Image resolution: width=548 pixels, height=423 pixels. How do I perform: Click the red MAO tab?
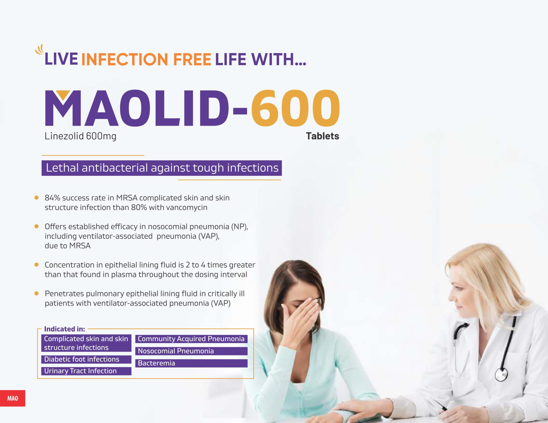coord(13,398)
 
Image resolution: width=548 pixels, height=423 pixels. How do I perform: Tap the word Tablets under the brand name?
coord(322,136)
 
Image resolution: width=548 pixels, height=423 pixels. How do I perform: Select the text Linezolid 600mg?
coord(80,136)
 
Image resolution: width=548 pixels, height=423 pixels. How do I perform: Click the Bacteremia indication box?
coord(191,363)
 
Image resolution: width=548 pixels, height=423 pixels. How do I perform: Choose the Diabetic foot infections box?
coord(86,359)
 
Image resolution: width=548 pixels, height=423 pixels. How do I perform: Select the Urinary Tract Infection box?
coord(86,371)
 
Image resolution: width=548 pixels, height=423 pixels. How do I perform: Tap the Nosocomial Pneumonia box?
coord(191,351)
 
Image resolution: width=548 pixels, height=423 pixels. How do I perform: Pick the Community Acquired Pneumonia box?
coord(191,339)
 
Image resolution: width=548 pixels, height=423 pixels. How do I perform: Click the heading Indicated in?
coord(64,329)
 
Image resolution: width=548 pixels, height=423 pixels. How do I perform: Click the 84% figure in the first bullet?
coord(52,198)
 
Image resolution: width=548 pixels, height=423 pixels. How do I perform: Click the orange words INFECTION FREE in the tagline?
coord(146,59)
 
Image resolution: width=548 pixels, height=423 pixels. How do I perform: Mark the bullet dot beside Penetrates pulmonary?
coord(36,293)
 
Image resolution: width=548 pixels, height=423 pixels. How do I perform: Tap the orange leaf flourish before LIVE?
coord(40,50)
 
